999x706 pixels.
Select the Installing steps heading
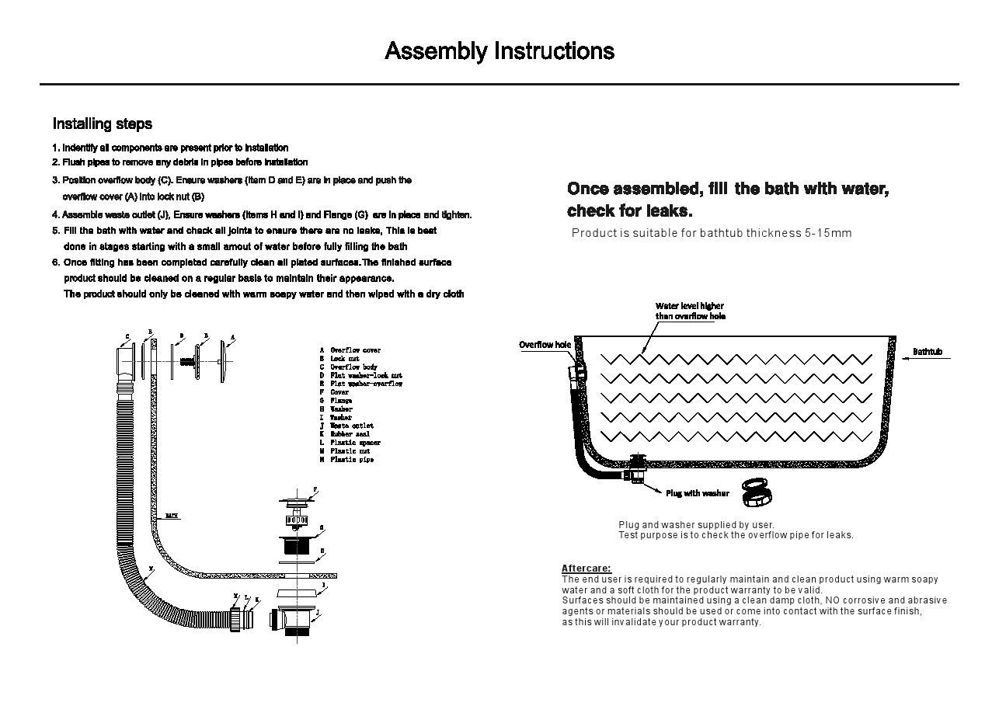[x=102, y=123]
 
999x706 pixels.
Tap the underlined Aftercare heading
[x=586, y=569]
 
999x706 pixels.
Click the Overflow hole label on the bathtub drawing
[x=545, y=345]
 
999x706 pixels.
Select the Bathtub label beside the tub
[x=927, y=353]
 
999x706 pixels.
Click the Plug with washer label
[x=697, y=493]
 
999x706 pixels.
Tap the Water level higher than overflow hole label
[x=690, y=311]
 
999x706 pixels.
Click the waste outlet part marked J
[x=295, y=621]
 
